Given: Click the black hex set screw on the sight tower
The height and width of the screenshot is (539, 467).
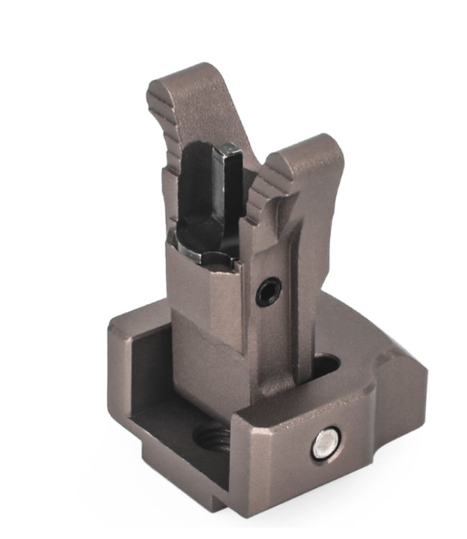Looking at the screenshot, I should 267,291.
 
